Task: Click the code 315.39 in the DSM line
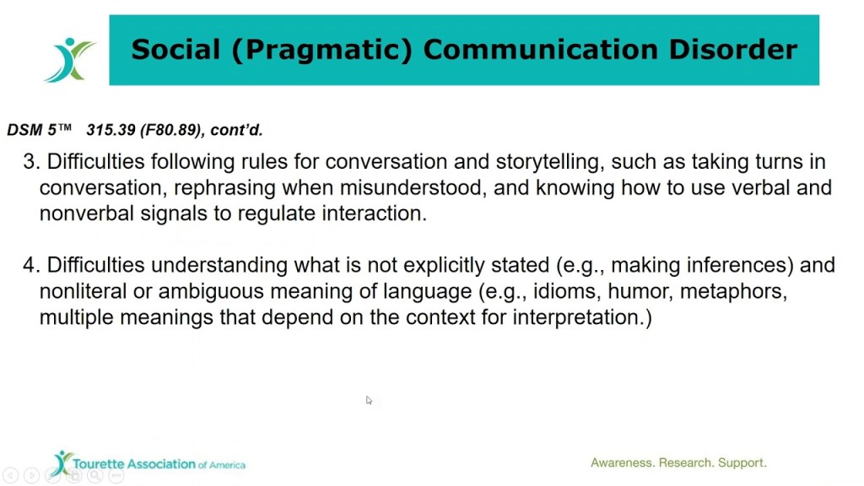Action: pyautogui.click(x=108, y=130)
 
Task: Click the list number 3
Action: pyautogui.click(x=31, y=161)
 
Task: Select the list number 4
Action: pyautogui.click(x=31, y=266)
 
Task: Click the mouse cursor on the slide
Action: pyautogui.click(x=369, y=400)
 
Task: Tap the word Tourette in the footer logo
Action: pyautogui.click(x=99, y=465)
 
